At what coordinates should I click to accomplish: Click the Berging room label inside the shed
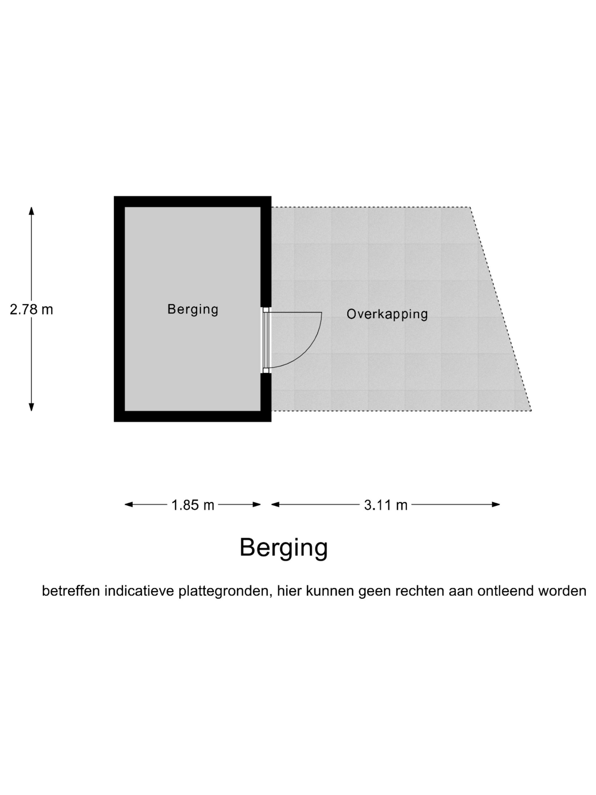click(192, 309)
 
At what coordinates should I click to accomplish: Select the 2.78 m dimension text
click(31, 309)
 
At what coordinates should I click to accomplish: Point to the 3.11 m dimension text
click(385, 505)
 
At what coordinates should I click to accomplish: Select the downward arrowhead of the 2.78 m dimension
click(31, 407)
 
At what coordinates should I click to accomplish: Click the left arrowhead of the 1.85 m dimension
click(129, 505)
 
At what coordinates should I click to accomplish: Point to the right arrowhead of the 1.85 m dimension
click(257, 505)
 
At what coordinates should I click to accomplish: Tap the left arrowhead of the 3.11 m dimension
click(275, 505)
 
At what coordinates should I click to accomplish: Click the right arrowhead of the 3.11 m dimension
click(496, 505)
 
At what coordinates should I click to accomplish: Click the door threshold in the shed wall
click(265, 340)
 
